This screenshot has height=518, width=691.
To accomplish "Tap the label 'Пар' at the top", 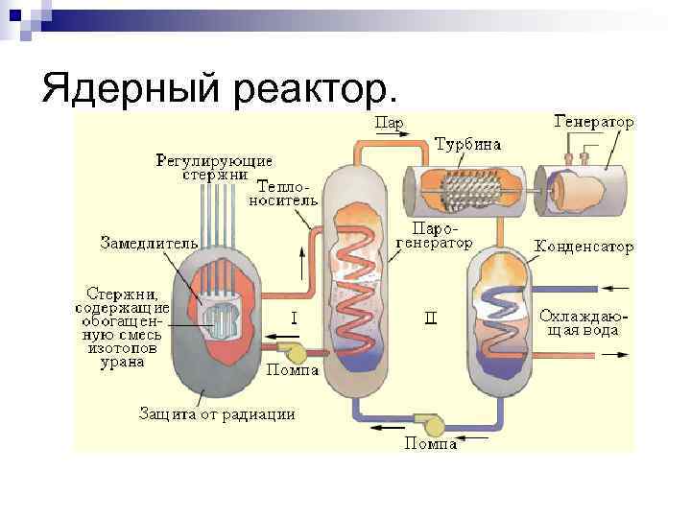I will click(388, 123).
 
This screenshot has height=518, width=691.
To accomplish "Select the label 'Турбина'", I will click(467, 146).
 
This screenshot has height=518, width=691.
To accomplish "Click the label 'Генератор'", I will click(594, 122).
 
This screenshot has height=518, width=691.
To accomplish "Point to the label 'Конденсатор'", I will click(584, 247).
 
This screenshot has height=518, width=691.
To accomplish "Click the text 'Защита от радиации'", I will click(217, 414).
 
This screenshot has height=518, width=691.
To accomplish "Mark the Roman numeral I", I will click(294, 315).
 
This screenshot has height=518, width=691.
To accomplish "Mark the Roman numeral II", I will click(431, 317).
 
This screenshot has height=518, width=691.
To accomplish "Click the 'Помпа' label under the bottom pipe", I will click(430, 443).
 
